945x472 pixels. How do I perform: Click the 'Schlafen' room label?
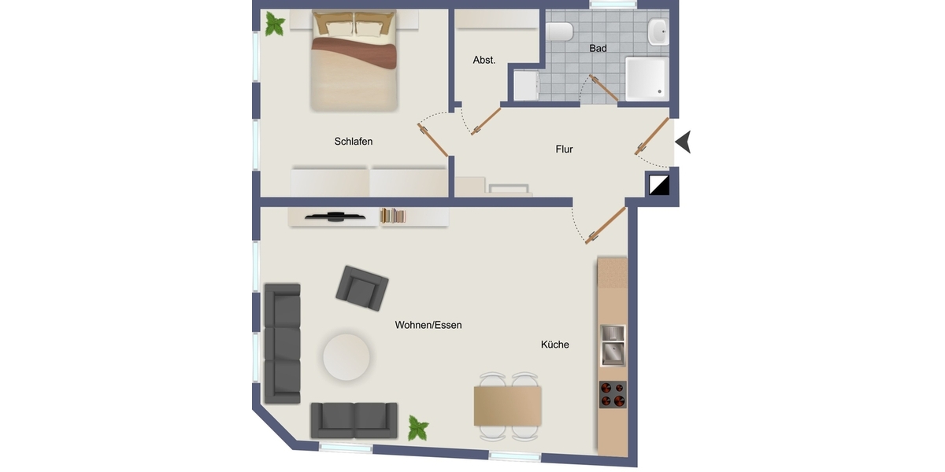coord(353,142)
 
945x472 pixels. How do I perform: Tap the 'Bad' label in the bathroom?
coord(598,49)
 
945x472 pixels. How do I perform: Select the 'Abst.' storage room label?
coord(484,61)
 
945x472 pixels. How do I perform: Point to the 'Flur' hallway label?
coord(564,149)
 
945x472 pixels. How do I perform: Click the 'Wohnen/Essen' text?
coord(428,325)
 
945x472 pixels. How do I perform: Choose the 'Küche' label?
coord(554,345)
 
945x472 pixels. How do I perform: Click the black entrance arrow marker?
coord(684,142)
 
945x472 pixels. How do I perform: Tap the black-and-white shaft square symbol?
coord(658,185)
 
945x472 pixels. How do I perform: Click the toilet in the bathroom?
coord(559,31)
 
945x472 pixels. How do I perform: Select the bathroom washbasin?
coord(658,31)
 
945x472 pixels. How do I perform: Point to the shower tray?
coord(647,79)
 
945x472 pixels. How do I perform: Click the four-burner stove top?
coord(613,394)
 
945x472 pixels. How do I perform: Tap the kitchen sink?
coord(613,345)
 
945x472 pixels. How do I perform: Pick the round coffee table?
coord(346,357)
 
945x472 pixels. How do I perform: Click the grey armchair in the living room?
coord(362,289)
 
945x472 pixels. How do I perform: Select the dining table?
coord(507,406)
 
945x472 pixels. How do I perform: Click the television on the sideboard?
coord(335,216)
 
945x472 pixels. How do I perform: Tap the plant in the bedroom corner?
coord(275,24)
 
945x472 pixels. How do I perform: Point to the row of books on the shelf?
coord(393,216)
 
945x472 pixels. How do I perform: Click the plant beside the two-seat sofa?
coord(418,428)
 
